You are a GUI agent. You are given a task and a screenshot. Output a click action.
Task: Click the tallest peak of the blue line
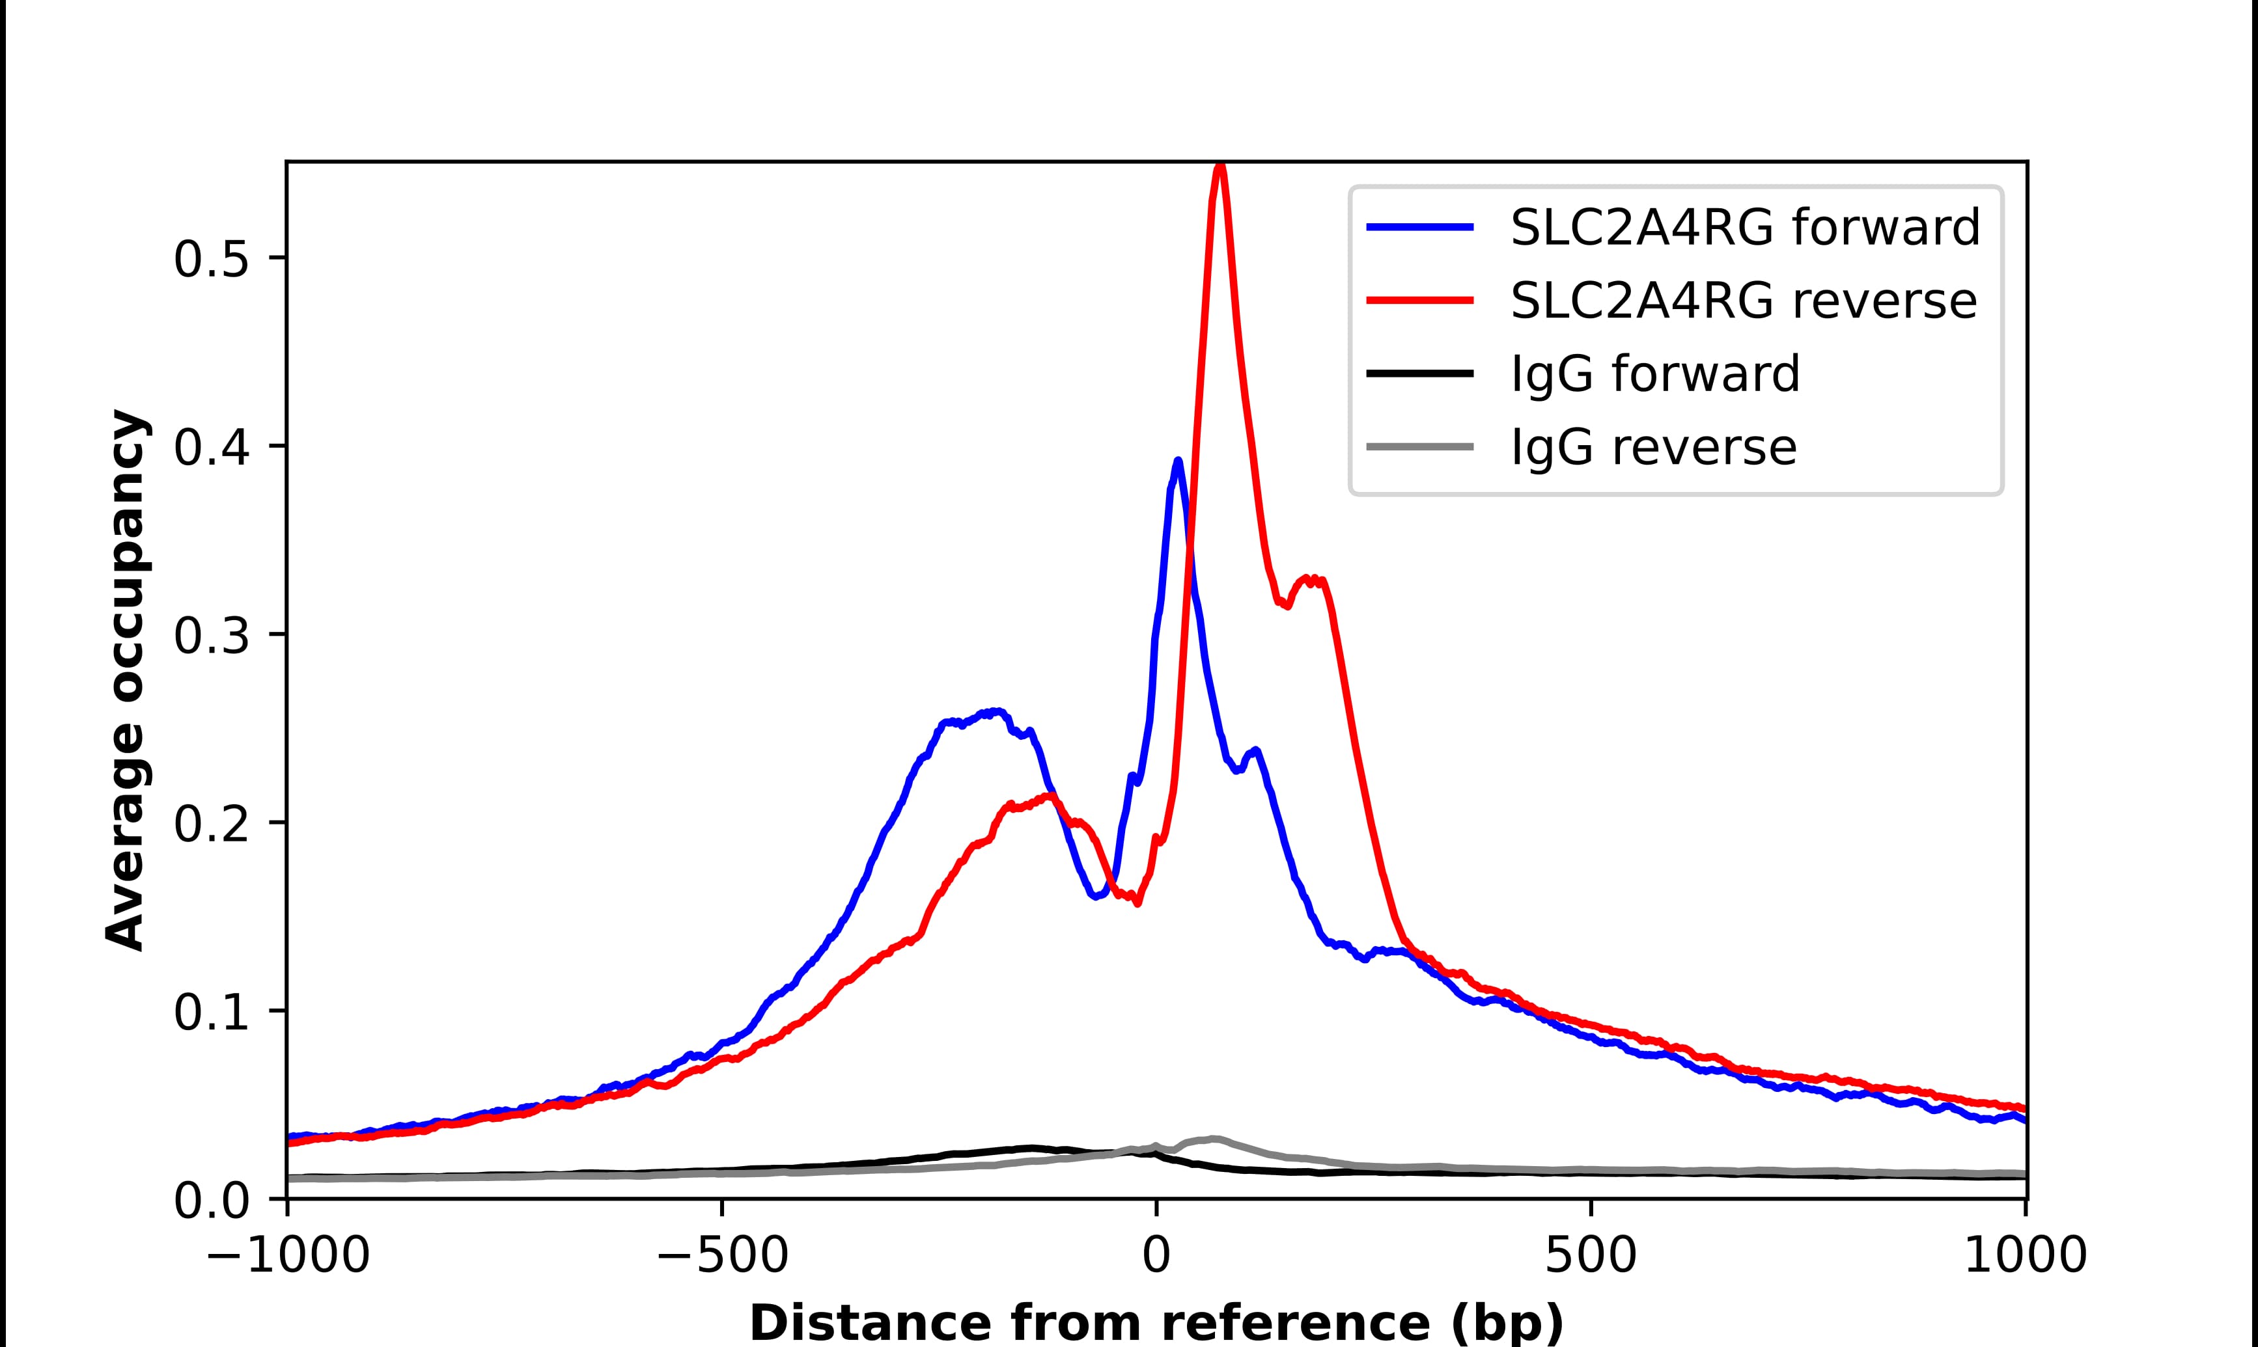tap(1178, 461)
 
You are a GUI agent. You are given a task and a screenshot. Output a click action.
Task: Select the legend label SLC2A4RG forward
tap(1744, 227)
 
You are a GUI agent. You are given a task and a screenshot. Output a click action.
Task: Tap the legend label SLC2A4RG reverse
tap(1743, 301)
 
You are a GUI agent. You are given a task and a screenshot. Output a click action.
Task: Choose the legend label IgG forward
tap(1654, 374)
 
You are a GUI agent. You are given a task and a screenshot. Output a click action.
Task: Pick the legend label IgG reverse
tap(1653, 448)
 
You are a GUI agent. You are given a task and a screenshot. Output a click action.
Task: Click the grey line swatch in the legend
tap(1420, 446)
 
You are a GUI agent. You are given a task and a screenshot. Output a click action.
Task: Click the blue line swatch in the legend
tap(1420, 227)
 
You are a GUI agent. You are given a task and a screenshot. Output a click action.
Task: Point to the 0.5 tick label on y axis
tap(211, 260)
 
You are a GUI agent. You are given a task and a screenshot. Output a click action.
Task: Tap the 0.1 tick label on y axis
tap(211, 1013)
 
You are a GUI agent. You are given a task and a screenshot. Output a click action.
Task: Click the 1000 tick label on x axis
tap(2026, 1257)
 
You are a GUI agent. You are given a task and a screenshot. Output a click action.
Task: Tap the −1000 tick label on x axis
tap(288, 1257)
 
